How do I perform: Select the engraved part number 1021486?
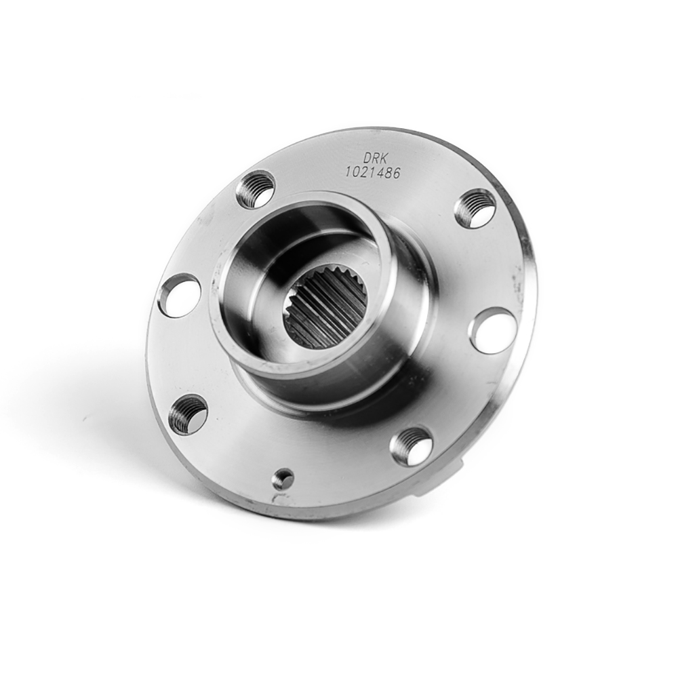click(372, 172)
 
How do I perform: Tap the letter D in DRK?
click(366, 158)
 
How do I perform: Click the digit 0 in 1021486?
click(355, 172)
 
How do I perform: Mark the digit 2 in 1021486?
click(363, 172)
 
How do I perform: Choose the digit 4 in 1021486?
click(379, 172)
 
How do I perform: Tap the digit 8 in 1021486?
click(387, 173)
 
